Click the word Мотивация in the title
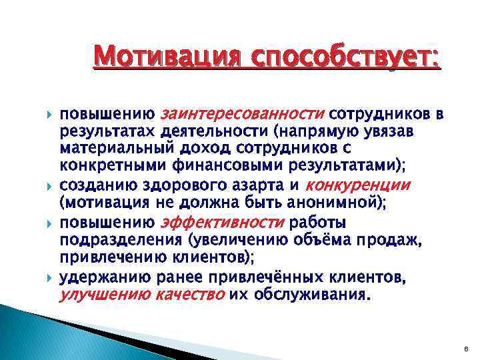165,55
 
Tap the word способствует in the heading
341,55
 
